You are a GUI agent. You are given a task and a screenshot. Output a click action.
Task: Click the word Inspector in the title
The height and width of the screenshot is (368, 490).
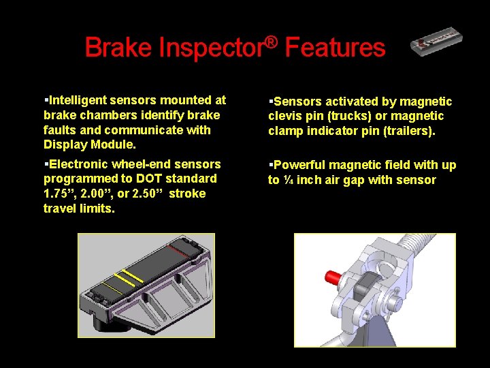tap(211, 48)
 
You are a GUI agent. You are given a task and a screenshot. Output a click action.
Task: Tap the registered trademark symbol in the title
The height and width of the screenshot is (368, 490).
tap(272, 42)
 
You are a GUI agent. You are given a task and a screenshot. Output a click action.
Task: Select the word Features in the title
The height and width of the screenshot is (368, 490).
tap(335, 48)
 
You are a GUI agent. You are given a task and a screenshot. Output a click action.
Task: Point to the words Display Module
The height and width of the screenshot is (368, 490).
tap(90, 144)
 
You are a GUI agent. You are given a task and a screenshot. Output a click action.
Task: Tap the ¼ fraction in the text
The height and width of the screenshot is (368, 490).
tap(289, 180)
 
